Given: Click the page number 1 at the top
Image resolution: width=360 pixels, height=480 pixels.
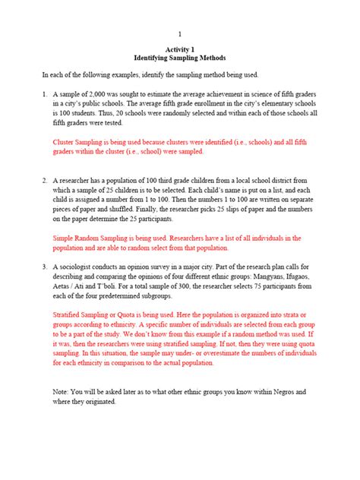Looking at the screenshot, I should tap(180, 34).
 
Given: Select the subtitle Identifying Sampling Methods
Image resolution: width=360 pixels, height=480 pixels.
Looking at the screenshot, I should tap(180, 58).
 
